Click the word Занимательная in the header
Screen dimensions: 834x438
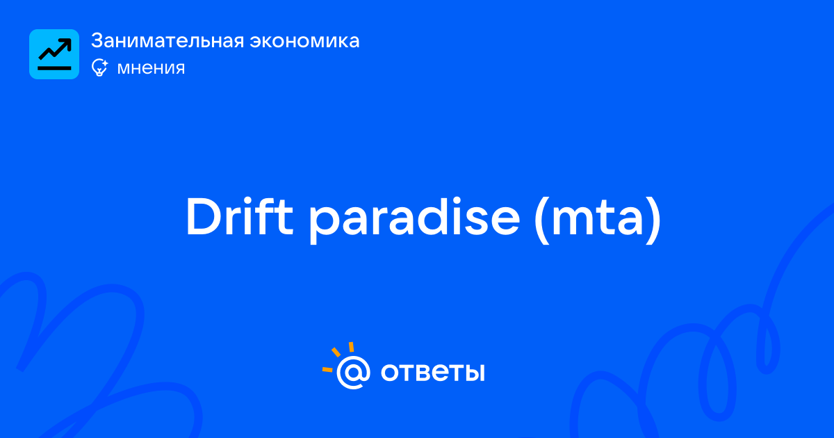(167, 40)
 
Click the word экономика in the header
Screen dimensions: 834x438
(304, 41)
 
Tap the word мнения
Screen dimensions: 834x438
(152, 68)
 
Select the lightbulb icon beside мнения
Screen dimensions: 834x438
(99, 67)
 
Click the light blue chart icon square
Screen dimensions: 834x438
(54, 54)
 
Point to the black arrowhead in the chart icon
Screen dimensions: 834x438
(66, 44)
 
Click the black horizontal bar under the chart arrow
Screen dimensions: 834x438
(54, 68)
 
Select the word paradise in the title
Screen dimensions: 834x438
(414, 220)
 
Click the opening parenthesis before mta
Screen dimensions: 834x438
(541, 220)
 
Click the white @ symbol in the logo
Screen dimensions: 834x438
(353, 372)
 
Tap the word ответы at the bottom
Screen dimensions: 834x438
(432, 373)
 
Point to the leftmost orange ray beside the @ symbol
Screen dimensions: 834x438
(327, 369)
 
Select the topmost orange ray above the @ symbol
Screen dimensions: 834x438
(351, 347)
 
